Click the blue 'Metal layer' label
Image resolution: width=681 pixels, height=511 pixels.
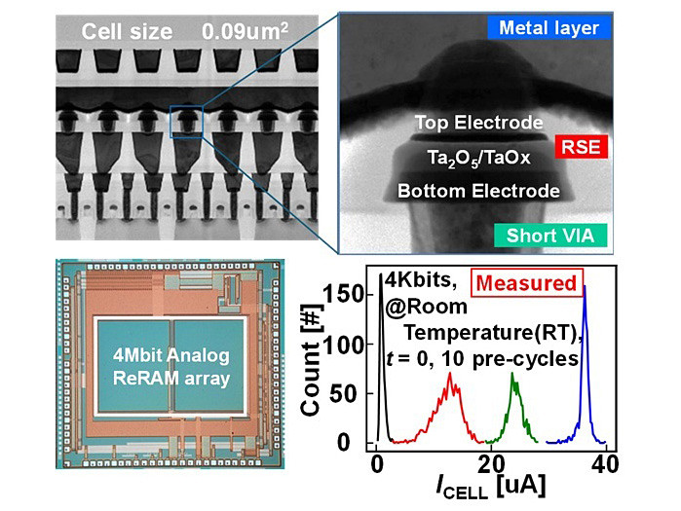549,29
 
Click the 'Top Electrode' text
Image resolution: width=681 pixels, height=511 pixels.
478,124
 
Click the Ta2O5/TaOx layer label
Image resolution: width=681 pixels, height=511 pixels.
477,157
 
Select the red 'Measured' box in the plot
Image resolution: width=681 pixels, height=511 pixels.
526,286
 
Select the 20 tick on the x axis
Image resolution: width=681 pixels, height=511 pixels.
492,462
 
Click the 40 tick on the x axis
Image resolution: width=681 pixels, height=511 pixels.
606,462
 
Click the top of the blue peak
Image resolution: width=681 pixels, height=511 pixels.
585,286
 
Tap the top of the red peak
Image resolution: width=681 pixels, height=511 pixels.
450,374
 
